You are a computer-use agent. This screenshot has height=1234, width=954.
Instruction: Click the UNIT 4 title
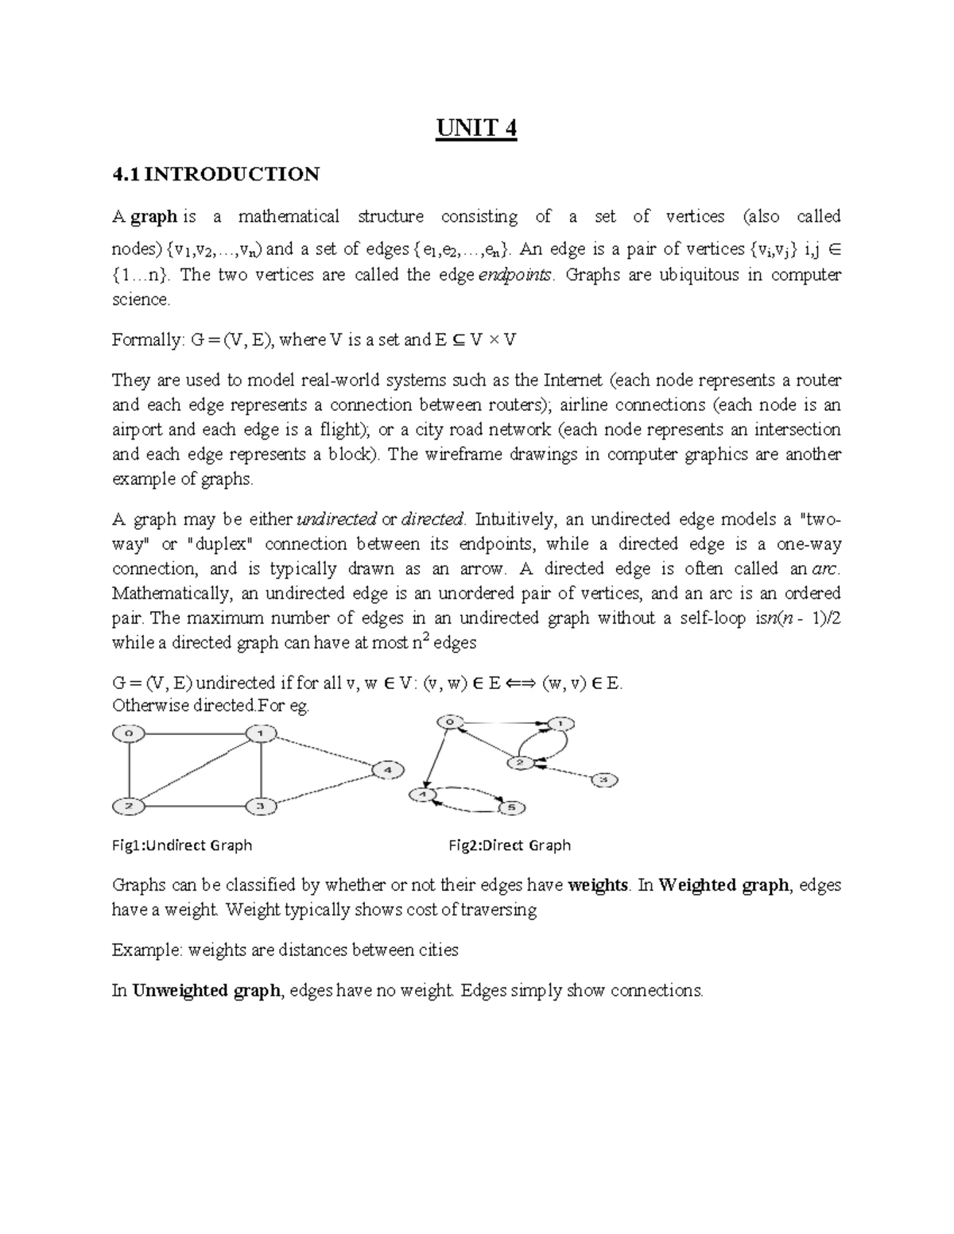tap(476, 128)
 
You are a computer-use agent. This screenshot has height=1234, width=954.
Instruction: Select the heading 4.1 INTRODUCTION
tap(215, 174)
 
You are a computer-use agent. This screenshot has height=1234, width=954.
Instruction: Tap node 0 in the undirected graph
tap(129, 733)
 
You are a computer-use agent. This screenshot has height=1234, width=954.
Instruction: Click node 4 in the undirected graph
tap(387, 770)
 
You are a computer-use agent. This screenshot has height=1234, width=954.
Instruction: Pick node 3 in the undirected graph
tap(261, 807)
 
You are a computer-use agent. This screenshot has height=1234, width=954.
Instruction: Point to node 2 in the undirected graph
tap(129, 807)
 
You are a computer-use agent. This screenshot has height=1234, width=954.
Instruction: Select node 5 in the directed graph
tap(511, 808)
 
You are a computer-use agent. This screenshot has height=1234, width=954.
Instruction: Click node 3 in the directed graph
tap(603, 780)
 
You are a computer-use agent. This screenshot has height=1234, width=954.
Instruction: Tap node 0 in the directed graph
tap(450, 722)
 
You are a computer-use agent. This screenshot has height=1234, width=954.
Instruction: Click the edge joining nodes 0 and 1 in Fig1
tap(195, 733)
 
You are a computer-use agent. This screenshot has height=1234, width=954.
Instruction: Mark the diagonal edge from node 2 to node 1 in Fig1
tap(195, 770)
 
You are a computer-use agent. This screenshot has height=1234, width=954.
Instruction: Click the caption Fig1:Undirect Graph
tap(182, 845)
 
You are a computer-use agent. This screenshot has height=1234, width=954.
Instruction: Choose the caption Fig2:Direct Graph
tap(510, 845)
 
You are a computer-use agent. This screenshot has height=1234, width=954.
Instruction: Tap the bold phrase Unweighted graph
tap(207, 991)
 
